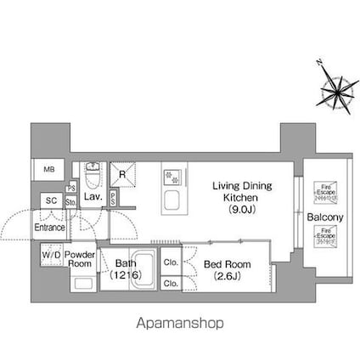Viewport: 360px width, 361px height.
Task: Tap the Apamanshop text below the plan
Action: [x=180, y=324]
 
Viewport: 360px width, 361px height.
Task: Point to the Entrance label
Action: [x=50, y=228]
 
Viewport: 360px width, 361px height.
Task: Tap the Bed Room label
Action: [x=228, y=263]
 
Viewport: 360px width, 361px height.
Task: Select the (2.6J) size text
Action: [x=228, y=275]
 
